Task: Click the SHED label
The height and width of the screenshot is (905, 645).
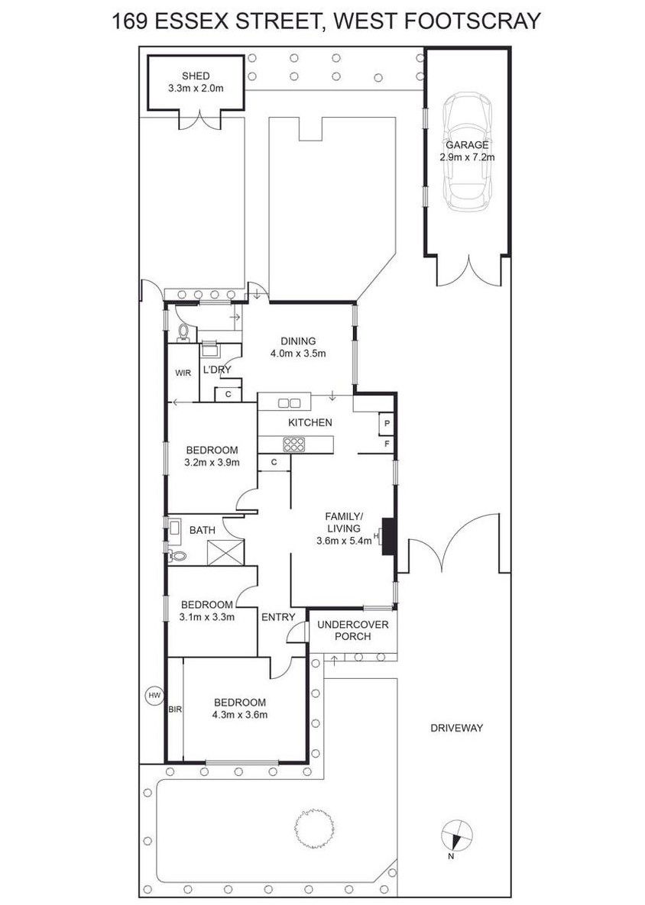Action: (x=196, y=76)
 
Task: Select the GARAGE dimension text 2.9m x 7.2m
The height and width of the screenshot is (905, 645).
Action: (x=467, y=157)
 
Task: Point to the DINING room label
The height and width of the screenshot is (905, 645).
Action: (x=298, y=341)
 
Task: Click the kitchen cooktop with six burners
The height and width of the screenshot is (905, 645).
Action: (x=294, y=444)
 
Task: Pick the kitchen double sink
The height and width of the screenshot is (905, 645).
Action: (x=288, y=403)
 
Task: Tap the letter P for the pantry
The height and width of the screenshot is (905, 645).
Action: (x=387, y=424)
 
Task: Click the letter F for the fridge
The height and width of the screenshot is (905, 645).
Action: (x=387, y=444)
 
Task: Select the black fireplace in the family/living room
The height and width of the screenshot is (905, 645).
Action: (x=387, y=537)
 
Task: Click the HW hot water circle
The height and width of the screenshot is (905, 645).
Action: (x=154, y=696)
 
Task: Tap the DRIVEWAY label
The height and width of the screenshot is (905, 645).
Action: (x=456, y=728)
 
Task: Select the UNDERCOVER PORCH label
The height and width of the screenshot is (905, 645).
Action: (x=353, y=630)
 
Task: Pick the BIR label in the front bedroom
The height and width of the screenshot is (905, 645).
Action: (x=175, y=710)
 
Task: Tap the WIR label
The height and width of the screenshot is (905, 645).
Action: (x=183, y=373)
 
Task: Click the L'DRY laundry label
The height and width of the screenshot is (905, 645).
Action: (x=216, y=370)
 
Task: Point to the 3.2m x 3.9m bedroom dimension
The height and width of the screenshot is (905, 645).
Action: (x=212, y=462)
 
